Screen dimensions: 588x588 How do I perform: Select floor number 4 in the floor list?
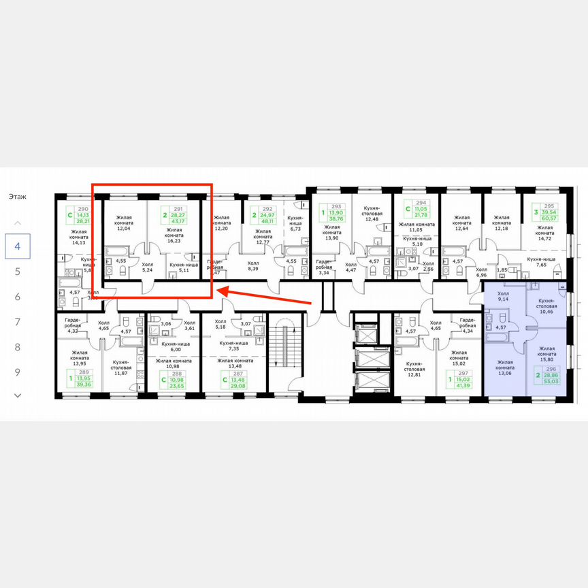(18, 246)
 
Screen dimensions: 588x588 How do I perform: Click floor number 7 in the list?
(18, 322)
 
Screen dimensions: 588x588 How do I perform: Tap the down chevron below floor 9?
(18, 395)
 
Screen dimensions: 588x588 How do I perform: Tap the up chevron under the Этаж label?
(18, 223)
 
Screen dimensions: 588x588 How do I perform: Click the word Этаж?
(18, 197)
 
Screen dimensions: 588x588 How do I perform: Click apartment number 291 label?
(178, 210)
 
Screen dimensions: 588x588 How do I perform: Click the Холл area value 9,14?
(504, 298)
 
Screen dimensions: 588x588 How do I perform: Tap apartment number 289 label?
(84, 373)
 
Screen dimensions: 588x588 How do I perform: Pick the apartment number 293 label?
(336, 206)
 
